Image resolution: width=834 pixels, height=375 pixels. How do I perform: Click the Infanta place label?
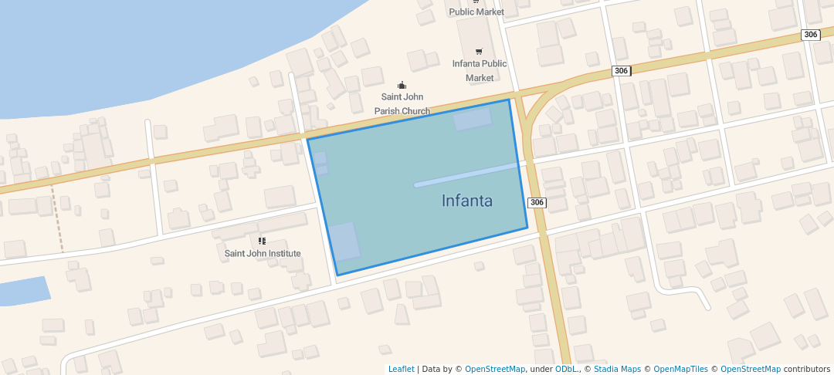click(x=466, y=201)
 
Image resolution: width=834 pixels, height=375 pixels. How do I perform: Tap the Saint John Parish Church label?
click(x=402, y=104)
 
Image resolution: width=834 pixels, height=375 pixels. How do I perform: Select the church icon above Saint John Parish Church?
click(x=402, y=85)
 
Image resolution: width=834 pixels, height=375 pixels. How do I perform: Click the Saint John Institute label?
click(x=263, y=253)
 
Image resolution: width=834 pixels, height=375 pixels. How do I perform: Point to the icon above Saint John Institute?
click(x=262, y=241)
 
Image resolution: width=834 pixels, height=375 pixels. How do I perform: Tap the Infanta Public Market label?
click(x=480, y=70)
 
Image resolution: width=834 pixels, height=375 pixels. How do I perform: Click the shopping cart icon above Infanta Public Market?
click(x=479, y=51)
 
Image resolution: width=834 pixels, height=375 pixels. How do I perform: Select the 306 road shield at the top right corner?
click(x=810, y=35)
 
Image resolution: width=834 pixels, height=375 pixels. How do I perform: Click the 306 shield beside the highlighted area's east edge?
click(x=537, y=203)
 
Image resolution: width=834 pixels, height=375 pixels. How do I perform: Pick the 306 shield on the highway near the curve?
click(x=622, y=71)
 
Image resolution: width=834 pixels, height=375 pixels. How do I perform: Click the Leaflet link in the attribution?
click(x=401, y=370)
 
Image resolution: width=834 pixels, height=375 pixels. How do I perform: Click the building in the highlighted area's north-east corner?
click(x=472, y=120)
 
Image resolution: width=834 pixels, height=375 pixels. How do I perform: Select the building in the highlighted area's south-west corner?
click(x=345, y=242)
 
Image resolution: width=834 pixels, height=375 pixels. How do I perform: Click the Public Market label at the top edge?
click(x=476, y=12)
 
